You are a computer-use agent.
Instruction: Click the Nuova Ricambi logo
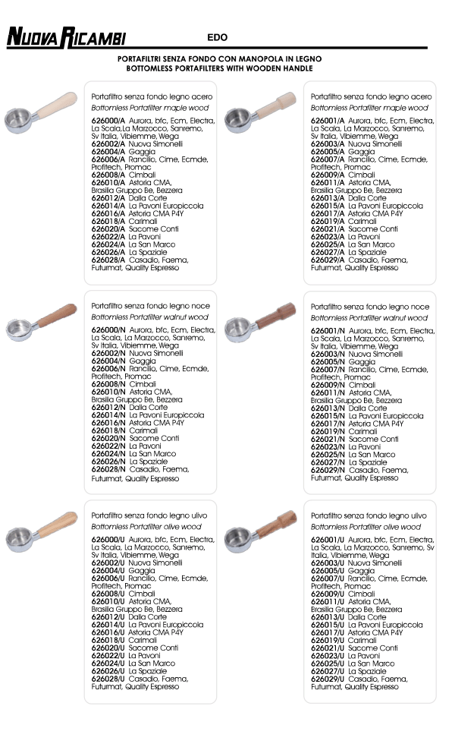pyautogui.click(x=66, y=37)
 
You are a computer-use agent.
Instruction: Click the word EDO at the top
pyautogui.click(x=217, y=37)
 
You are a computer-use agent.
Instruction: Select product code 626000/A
pyautogui.click(x=108, y=120)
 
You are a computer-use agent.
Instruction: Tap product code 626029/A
pyautogui.click(x=328, y=260)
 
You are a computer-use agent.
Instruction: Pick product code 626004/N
pyautogui.click(x=108, y=361)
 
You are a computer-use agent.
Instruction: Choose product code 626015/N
pyautogui.click(x=328, y=416)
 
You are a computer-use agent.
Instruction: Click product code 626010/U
pyautogui.click(x=108, y=601)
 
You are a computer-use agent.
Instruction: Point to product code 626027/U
pyautogui.click(x=328, y=671)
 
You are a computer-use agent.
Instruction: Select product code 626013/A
pyautogui.click(x=328, y=197)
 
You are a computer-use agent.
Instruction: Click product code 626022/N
pyautogui.click(x=108, y=446)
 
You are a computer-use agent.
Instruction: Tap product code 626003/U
pyautogui.click(x=328, y=563)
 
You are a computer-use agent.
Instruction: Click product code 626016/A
pyautogui.click(x=108, y=213)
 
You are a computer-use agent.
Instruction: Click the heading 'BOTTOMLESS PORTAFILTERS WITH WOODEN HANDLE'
pyautogui.click(x=220, y=68)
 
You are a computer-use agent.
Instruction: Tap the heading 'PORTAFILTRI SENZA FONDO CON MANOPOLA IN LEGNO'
pyautogui.click(x=220, y=58)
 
